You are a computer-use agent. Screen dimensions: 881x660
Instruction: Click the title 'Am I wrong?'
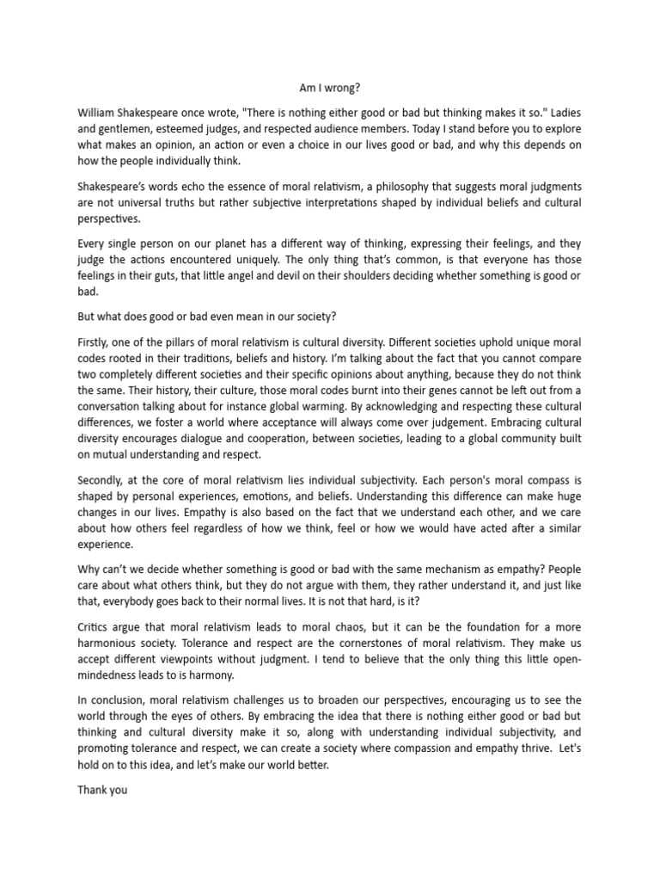330,87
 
